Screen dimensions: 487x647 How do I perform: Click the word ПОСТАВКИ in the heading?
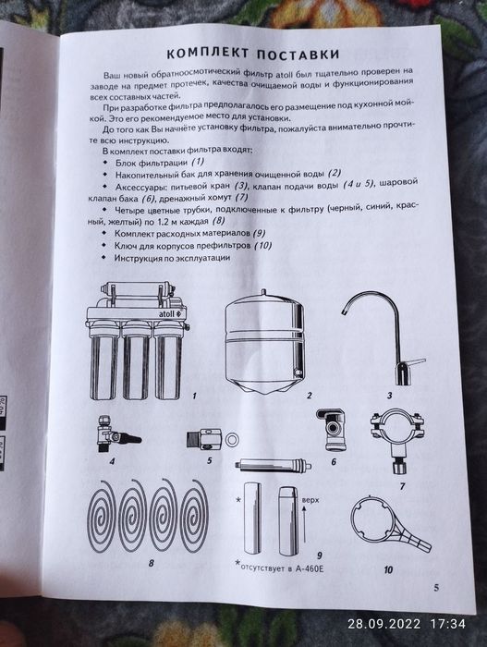pyautogui.click(x=298, y=54)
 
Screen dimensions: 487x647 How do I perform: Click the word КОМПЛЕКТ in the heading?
pyautogui.click(x=208, y=54)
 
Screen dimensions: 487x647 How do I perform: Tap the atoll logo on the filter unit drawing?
pyautogui.click(x=169, y=313)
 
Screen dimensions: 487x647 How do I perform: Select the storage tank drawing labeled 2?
pyautogui.click(x=265, y=342)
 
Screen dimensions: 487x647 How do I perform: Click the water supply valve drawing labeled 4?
pyautogui.click(x=116, y=434)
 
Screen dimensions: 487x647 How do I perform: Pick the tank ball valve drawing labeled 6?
pyautogui.click(x=331, y=430)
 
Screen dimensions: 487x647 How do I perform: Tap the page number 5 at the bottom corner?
pyautogui.click(x=436, y=588)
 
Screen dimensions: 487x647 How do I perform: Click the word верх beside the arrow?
pyautogui.click(x=310, y=500)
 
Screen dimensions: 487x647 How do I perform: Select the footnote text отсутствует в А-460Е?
pyautogui.click(x=282, y=568)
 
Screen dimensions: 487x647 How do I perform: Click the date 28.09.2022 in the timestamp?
pyautogui.click(x=384, y=624)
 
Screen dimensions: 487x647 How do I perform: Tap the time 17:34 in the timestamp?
pyautogui.click(x=448, y=624)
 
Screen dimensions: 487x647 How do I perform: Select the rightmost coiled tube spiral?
pyautogui.click(x=194, y=516)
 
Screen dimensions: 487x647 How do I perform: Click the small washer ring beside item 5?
pyautogui.click(x=232, y=440)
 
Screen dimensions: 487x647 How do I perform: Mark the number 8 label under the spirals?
pyautogui.click(x=151, y=563)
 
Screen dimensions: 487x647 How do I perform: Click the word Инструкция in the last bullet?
pyautogui.click(x=139, y=258)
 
